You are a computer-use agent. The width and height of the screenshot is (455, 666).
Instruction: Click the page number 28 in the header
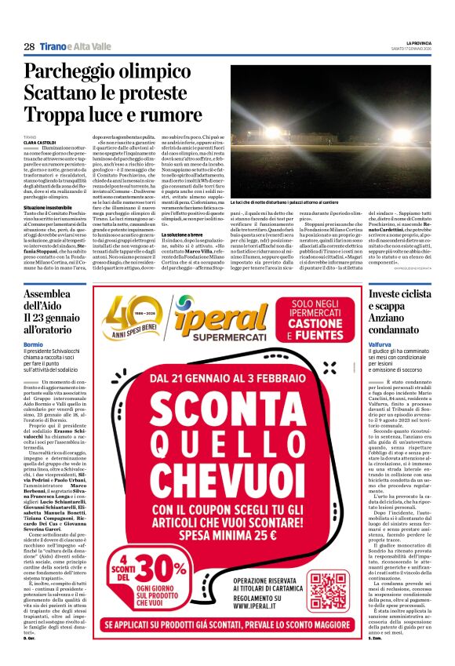29,46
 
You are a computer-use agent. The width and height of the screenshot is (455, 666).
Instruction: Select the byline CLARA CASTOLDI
39,142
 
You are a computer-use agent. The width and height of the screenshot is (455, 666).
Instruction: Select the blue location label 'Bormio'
34,344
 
